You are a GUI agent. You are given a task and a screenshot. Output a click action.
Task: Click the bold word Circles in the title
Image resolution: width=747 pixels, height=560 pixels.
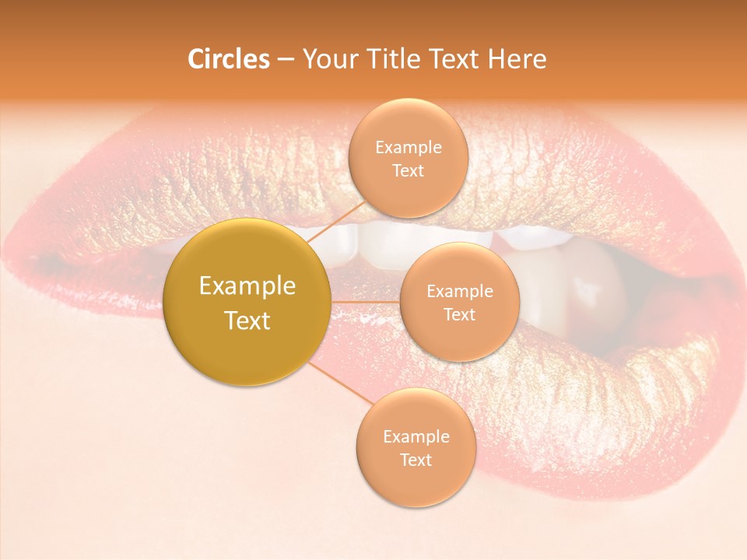(x=228, y=59)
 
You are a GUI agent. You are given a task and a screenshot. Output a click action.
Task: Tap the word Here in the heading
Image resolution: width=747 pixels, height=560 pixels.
(x=517, y=59)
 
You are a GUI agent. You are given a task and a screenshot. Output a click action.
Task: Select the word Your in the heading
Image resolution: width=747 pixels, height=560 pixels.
(x=330, y=59)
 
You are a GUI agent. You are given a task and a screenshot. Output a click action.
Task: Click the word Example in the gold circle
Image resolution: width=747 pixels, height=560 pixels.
(x=247, y=286)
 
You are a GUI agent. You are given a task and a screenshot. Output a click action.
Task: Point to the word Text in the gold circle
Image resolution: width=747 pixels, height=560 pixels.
(x=247, y=320)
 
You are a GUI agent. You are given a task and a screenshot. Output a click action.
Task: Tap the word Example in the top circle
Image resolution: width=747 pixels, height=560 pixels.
(x=408, y=148)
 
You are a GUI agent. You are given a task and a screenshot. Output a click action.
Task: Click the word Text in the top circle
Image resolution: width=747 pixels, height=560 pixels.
(x=408, y=171)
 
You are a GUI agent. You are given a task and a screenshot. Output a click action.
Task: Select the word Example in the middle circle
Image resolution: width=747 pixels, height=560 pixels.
(x=459, y=292)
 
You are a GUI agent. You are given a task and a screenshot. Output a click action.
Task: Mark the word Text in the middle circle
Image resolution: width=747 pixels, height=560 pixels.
(x=459, y=315)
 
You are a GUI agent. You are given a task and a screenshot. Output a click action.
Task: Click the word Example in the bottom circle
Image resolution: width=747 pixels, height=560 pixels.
(x=416, y=437)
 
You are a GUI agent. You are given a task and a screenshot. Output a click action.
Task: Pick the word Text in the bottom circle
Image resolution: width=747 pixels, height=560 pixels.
(x=416, y=460)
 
